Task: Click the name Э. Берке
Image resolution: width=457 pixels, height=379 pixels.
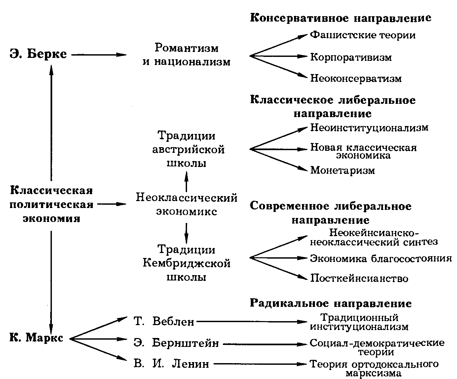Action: [x=38, y=54]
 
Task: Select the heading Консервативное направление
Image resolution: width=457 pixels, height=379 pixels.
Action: [x=340, y=18]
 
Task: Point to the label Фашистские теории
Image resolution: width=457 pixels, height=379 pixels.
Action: [x=362, y=35]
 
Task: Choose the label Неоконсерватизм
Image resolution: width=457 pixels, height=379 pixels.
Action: [x=356, y=78]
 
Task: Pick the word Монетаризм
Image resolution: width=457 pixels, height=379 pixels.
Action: [x=343, y=170]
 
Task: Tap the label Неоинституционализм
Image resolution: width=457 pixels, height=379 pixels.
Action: [x=369, y=127]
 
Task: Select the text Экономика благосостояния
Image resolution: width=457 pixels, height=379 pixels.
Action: [x=381, y=258]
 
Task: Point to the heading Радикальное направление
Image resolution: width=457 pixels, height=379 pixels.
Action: [x=331, y=303]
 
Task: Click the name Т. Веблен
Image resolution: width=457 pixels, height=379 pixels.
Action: [x=164, y=321]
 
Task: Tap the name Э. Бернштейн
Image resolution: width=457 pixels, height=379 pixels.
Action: [x=176, y=343]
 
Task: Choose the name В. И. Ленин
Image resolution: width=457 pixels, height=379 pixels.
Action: [x=171, y=364]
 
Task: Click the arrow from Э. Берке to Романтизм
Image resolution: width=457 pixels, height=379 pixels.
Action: [x=99, y=55]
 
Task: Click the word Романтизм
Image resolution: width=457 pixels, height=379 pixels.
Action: [x=187, y=48]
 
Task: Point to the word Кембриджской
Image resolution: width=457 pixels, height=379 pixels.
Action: [x=187, y=264]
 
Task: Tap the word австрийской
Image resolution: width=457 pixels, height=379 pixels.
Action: [x=188, y=149]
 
